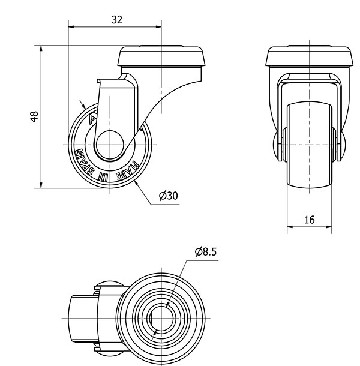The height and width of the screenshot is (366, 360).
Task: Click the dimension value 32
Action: pos(117,20)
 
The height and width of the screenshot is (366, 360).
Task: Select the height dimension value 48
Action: pos(34,116)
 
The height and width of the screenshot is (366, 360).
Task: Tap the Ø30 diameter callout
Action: pos(169,196)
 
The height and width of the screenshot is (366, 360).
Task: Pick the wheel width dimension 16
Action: pos(310,220)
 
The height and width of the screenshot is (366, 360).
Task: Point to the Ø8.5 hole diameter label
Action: pos(206,251)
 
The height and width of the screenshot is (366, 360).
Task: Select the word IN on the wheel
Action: pos(103,178)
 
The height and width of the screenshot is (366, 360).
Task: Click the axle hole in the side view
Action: pos(110,145)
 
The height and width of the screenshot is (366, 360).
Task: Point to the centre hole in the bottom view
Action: pos(161,319)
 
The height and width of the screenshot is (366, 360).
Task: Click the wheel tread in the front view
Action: pos(310,145)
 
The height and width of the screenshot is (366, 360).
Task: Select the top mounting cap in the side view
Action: pos(161,56)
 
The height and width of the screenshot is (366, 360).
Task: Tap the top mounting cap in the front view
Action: pos(310,56)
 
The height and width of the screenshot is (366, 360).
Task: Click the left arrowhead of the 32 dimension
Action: pos(71,27)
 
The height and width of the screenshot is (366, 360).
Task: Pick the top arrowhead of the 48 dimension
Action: pos(41,49)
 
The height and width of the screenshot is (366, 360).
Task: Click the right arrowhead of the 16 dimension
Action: pos(329,226)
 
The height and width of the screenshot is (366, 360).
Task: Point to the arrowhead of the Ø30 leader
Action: pos(137,184)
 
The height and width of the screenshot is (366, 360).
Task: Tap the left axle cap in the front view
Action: pos(277,145)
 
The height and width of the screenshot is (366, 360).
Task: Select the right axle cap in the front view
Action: pos(343,145)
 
